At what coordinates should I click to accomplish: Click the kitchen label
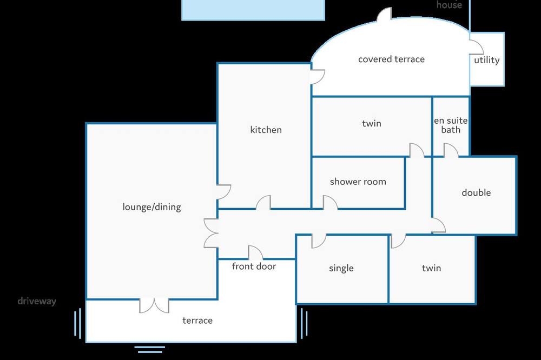pos(266,130)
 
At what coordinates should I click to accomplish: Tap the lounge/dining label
pos(152,207)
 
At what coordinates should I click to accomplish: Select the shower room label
pos(358,182)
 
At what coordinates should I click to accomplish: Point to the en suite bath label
pos(451,125)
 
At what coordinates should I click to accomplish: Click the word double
pos(476,192)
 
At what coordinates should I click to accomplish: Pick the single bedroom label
pos(341,268)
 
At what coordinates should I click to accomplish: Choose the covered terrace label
pos(391,59)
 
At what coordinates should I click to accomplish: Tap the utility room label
pos(486,61)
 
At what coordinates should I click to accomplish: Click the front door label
pos(254,266)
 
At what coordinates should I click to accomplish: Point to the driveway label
pos(37,302)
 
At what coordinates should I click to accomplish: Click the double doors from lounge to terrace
pos(154,306)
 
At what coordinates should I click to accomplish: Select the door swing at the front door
pos(255,252)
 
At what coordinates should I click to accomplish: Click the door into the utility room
pos(477,47)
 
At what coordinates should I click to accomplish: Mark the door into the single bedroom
pos(319,242)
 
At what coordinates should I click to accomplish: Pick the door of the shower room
pos(330,202)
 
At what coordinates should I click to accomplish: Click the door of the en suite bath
pos(451,150)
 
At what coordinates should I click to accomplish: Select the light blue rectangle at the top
pos(253,10)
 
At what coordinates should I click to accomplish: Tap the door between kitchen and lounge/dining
pos(224,192)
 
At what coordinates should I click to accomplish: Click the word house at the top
pos(449,4)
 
